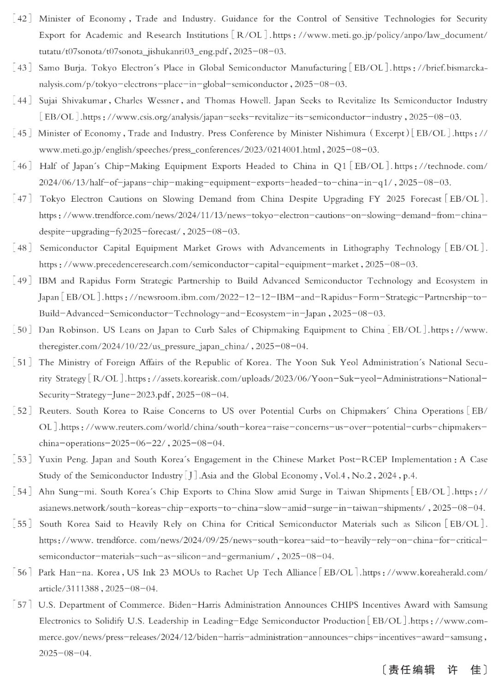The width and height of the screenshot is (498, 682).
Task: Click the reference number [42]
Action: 22,19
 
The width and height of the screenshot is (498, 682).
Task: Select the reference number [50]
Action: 22,330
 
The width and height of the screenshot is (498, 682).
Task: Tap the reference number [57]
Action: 22,604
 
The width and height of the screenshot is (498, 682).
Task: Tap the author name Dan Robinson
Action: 67,330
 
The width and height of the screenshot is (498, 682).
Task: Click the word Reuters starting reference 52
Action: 54,411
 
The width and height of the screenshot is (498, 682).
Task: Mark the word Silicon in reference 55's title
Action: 427,524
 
